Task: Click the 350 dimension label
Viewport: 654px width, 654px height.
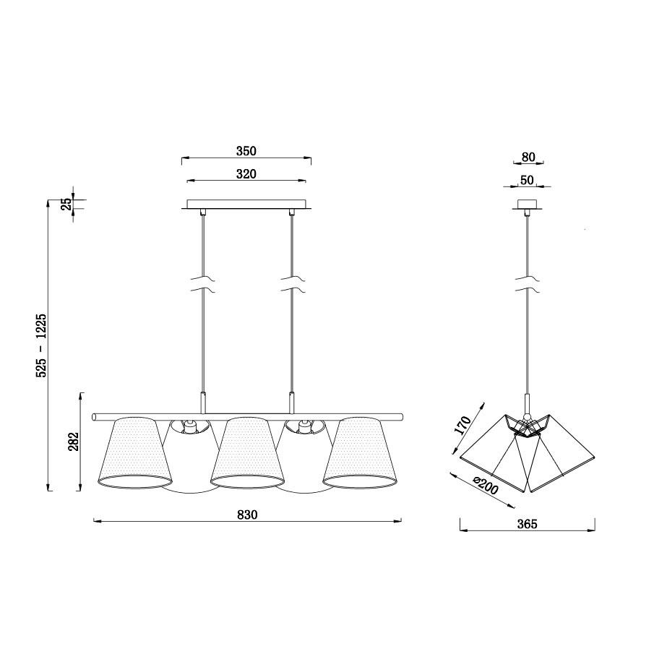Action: (246, 151)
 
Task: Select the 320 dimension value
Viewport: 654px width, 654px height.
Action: (246, 174)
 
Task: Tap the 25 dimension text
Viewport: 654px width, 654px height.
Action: (66, 205)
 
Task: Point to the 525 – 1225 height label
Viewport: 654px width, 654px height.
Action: (42, 345)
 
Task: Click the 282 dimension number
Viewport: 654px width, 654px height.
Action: (73, 442)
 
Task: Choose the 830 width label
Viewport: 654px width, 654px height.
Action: (247, 515)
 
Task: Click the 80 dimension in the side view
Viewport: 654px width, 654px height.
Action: (528, 158)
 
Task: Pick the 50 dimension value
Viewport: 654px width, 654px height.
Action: (528, 180)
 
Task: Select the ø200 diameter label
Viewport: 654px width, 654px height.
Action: (485, 485)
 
